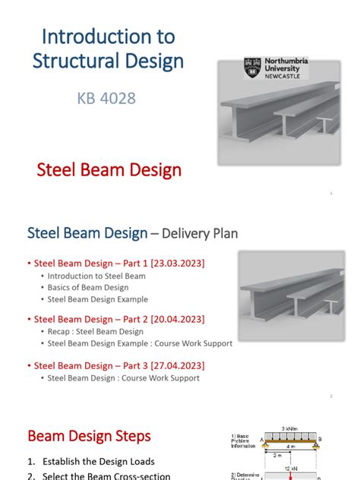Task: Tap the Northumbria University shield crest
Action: coord(252,68)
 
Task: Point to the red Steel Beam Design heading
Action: coord(109,169)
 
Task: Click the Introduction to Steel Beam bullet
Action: coord(96,276)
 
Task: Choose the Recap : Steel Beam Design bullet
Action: coord(95,332)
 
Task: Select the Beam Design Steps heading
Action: coord(89,436)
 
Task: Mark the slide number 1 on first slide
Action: coord(331,194)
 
